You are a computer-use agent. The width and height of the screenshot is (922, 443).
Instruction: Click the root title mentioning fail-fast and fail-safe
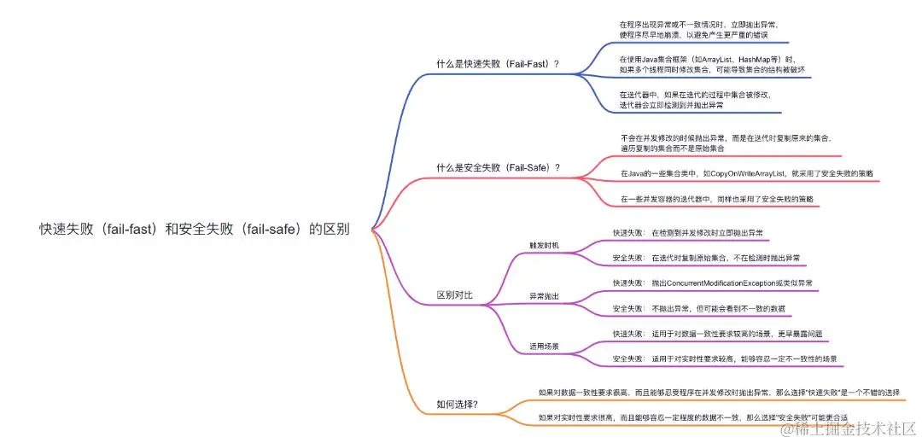click(194, 229)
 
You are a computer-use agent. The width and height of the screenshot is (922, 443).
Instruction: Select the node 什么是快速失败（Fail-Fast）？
click(498, 64)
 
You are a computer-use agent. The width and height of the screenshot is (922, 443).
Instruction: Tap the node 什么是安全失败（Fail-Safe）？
click(498, 167)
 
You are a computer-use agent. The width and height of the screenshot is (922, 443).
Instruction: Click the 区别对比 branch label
click(454, 295)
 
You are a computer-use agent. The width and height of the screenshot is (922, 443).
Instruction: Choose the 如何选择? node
click(457, 404)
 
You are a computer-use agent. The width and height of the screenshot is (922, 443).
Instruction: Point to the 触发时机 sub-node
click(544, 245)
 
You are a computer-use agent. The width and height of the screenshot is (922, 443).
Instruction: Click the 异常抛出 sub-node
click(544, 296)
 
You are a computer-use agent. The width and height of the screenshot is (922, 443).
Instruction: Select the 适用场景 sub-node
click(544, 347)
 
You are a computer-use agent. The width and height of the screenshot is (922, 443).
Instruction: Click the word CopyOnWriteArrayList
click(744, 173)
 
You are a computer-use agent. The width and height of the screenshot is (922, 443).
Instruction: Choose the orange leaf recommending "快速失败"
click(719, 393)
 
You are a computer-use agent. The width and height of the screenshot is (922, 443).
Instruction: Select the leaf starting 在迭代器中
click(695, 100)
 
